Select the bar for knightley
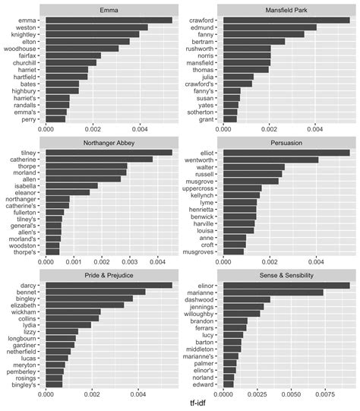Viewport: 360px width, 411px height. [x=92, y=34]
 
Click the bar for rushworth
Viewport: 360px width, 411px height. [x=248, y=48]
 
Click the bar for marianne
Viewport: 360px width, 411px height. [x=273, y=292]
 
